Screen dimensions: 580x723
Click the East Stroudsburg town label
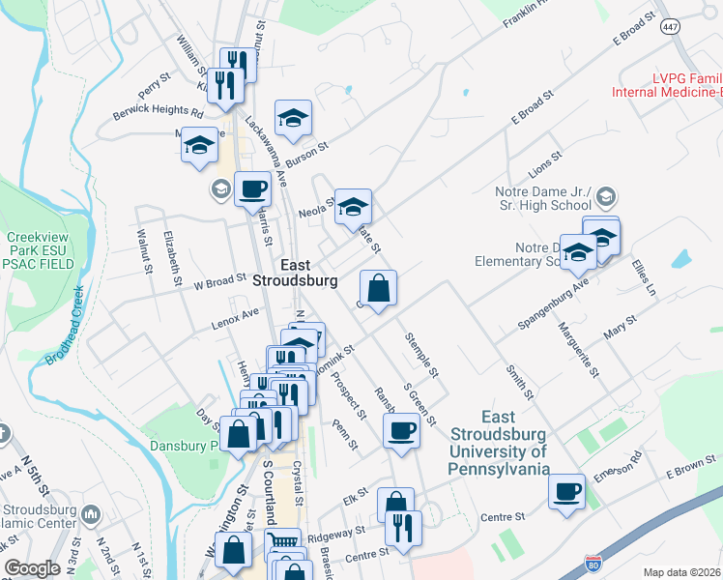(x=294, y=273)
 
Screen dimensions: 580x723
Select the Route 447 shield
(x=670, y=26)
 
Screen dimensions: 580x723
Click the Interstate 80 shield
(x=593, y=563)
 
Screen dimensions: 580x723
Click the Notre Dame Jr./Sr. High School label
(x=545, y=198)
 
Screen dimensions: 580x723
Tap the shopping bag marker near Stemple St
(x=378, y=288)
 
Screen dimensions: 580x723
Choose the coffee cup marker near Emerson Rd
(x=566, y=491)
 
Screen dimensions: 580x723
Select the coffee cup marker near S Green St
(x=401, y=431)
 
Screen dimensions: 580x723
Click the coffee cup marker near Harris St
(x=252, y=188)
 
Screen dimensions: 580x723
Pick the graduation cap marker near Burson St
(x=293, y=119)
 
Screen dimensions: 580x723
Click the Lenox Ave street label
(x=236, y=319)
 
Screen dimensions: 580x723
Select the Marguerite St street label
(x=578, y=348)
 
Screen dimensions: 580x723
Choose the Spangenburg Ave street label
(x=553, y=305)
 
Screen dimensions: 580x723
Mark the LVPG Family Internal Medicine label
(x=668, y=85)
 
